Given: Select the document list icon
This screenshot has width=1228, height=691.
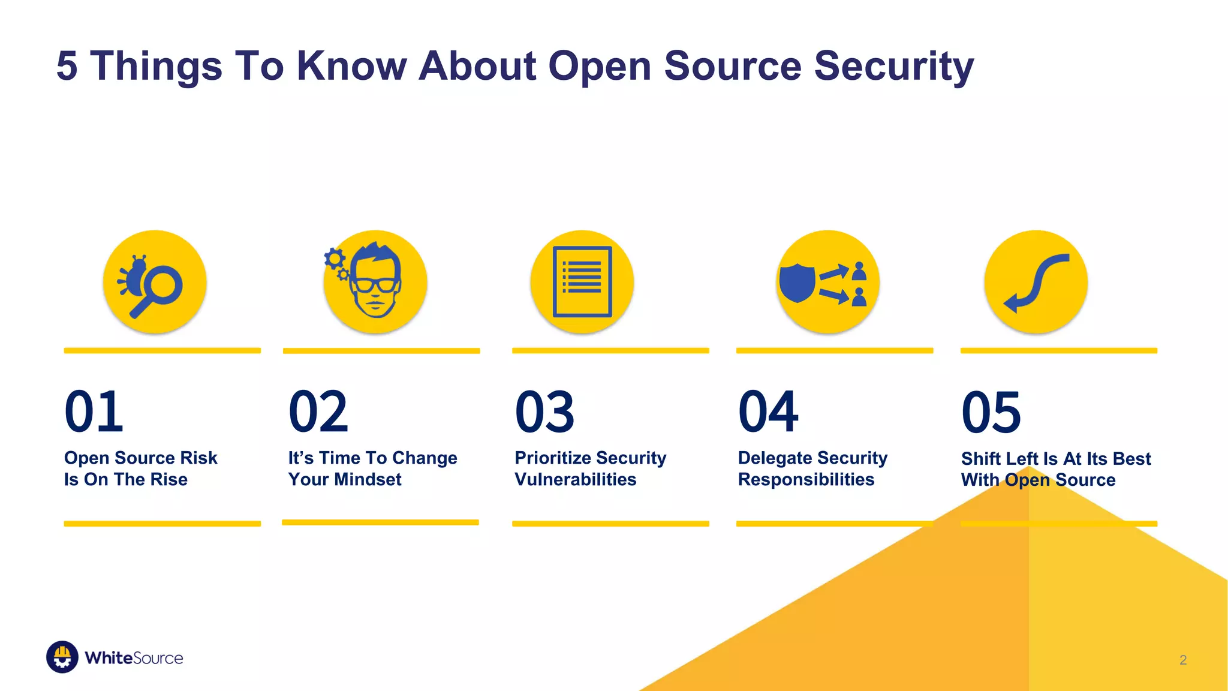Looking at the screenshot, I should pos(582,281).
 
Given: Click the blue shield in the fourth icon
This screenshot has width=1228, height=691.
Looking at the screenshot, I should pos(797,283).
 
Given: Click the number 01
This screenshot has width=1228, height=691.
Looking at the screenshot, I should pos(94,412).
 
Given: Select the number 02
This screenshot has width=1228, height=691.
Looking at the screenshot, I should pos(318,412).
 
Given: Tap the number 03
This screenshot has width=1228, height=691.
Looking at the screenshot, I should pos(544,412).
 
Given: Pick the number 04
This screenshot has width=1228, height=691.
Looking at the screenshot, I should pos(768,412).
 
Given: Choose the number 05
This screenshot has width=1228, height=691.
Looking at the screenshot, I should pos(991,412).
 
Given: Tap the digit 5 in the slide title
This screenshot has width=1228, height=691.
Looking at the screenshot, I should pos(67,66).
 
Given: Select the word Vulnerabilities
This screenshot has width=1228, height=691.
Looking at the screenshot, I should pos(576,479).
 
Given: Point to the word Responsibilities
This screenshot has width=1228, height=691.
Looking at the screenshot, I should pos(806,479).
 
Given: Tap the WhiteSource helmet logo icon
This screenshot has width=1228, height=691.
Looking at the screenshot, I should pos(62,657).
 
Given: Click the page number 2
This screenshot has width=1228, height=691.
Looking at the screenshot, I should pos(1183,660).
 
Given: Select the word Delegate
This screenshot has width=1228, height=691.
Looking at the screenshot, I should pos(774,458).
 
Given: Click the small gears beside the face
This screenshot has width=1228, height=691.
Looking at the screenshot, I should pos(336,263).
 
